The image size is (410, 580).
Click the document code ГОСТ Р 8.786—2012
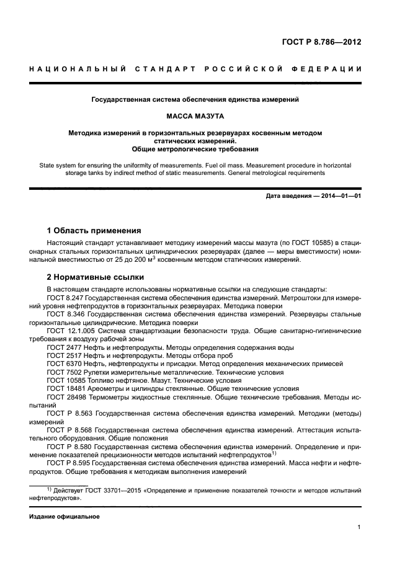[x=322, y=42]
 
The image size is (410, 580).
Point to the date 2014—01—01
[x=340, y=197]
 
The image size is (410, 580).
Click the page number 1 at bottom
[x=359, y=527]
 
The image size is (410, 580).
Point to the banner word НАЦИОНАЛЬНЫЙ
[x=76, y=68]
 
